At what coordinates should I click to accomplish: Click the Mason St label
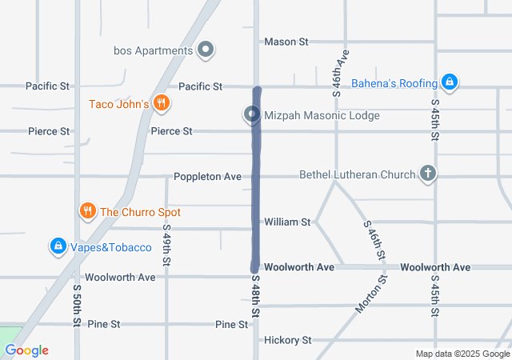[286, 42]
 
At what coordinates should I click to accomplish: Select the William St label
[287, 222]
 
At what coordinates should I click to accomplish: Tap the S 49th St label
[168, 250]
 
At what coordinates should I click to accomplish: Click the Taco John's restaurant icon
[162, 102]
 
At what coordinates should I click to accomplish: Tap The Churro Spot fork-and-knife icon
[87, 211]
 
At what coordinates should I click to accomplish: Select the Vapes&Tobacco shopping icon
[58, 246]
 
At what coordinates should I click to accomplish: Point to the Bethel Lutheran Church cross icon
[428, 174]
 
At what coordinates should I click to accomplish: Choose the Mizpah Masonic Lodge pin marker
[253, 115]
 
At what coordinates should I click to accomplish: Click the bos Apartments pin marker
[206, 50]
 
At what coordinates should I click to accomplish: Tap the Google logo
[26, 350]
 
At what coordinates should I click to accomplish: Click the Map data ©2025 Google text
[462, 354]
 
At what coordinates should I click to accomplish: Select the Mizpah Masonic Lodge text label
[322, 116]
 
